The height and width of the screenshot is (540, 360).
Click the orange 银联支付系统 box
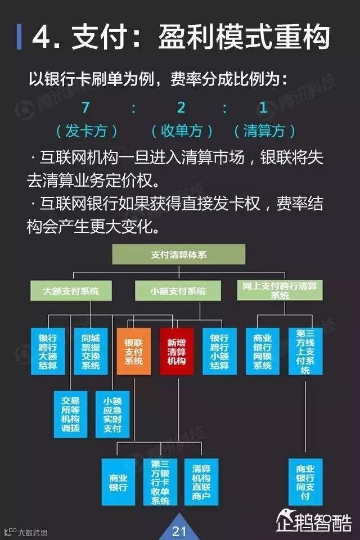tap(134, 352)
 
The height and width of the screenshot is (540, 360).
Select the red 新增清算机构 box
tap(176, 352)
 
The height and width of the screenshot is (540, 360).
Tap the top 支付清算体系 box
tap(179, 255)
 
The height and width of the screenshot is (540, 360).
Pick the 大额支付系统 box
tap(71, 291)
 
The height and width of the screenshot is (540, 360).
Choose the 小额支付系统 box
tap(178, 291)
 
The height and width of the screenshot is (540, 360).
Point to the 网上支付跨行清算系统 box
tap(279, 290)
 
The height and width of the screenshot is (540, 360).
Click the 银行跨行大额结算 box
tap(48, 352)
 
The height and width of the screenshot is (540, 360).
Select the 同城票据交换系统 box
tap(91, 352)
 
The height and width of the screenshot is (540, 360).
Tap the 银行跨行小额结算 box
tap(219, 352)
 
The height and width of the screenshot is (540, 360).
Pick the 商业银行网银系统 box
tap(262, 352)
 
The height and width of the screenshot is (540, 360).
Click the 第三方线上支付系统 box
tap(305, 352)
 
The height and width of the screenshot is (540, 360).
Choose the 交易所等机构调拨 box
tap(70, 413)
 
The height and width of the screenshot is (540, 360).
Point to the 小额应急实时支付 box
tap(112, 413)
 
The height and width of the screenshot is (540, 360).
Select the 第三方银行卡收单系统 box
tap(160, 481)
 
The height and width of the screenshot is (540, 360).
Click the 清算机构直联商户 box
tap(201, 481)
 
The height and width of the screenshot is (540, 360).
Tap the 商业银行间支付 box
tap(305, 481)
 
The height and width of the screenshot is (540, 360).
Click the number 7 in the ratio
tap(85, 107)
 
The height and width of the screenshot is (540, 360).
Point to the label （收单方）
tap(182, 132)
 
